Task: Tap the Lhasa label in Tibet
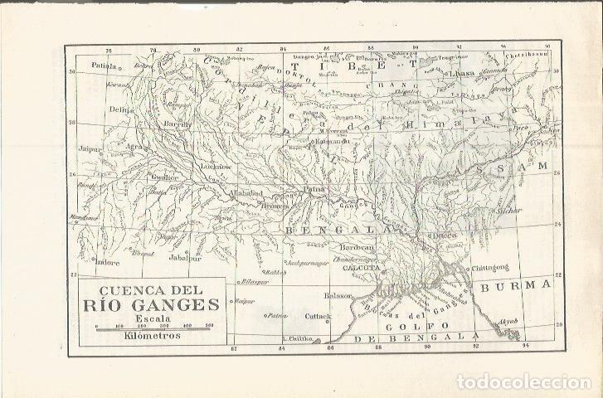pos(460,74)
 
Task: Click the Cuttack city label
pos(318,316)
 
